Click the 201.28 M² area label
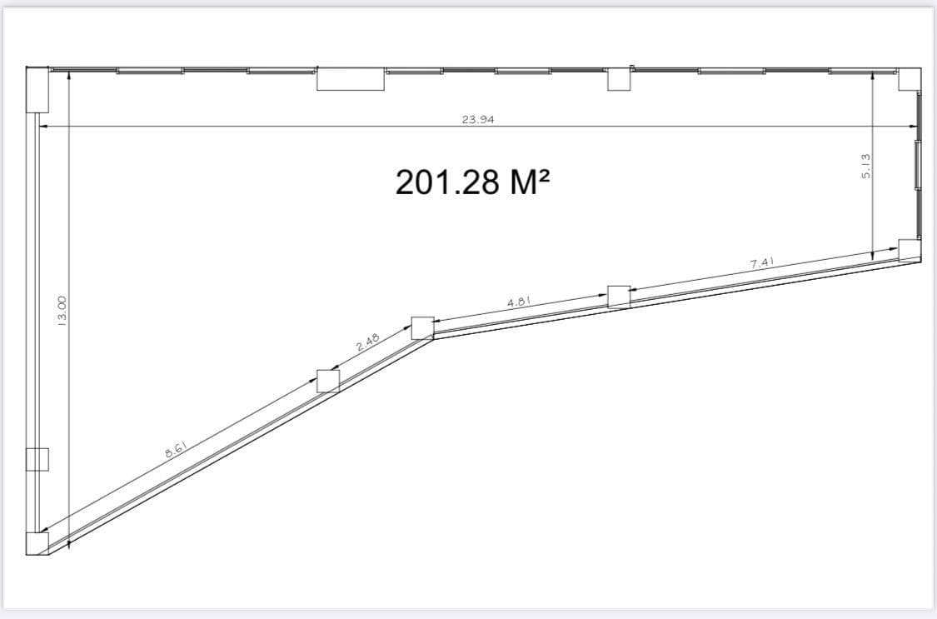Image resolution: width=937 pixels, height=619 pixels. tap(472, 182)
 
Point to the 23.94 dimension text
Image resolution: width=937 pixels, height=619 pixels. tap(478, 119)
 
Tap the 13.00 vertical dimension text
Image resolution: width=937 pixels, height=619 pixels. tap(62, 312)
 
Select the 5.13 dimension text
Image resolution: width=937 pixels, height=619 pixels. tap(866, 166)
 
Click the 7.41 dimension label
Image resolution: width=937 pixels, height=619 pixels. tap(762, 262)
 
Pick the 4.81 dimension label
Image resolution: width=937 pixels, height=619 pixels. tap(519, 302)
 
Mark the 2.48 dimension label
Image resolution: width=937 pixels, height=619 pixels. tap(367, 342)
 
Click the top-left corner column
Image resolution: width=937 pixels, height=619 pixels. tap(37, 90)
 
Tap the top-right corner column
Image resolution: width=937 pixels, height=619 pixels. tap(910, 79)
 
